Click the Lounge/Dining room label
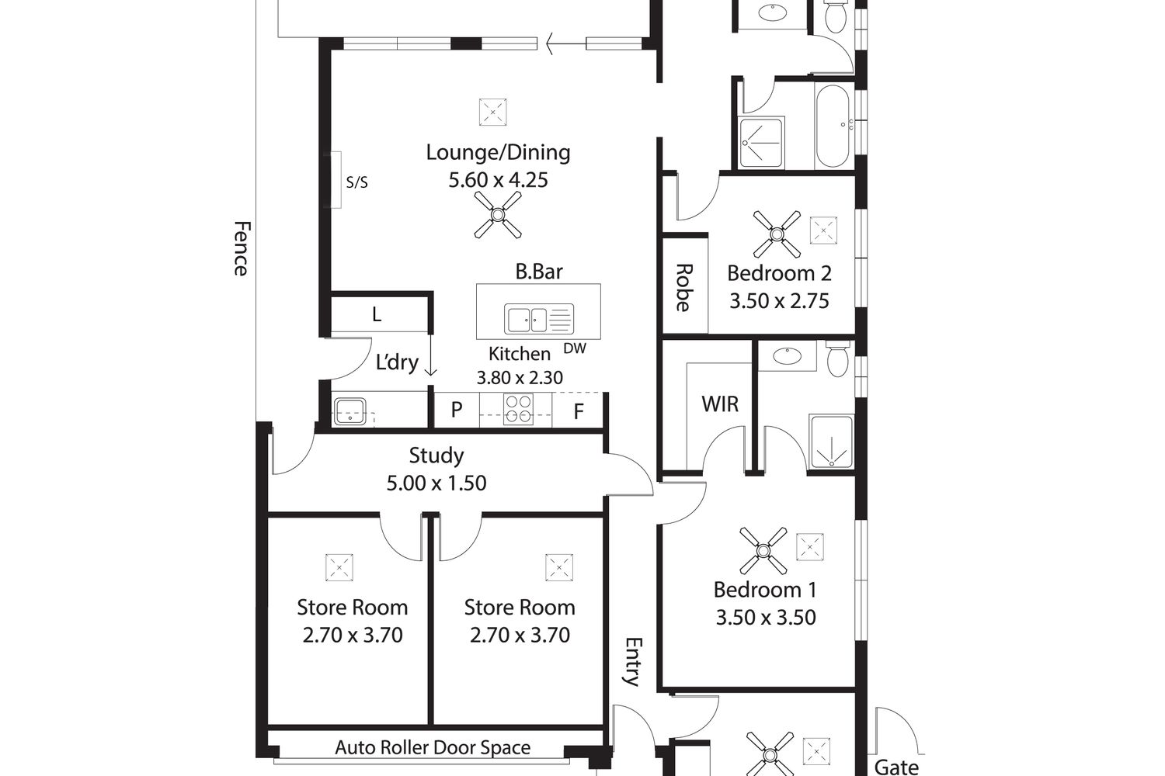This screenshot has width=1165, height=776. pyautogui.click(x=499, y=153)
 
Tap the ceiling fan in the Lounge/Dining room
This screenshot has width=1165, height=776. pyautogui.click(x=498, y=215)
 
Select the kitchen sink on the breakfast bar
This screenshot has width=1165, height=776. pyautogui.click(x=539, y=319)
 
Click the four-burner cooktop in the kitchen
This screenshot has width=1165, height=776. pyautogui.click(x=519, y=409)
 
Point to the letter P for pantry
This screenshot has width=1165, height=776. pyautogui.click(x=457, y=410)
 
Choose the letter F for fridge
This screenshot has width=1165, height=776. pyautogui.click(x=579, y=411)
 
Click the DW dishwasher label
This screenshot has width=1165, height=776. pyautogui.click(x=575, y=348)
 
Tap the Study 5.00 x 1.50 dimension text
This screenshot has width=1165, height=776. pyautogui.click(x=436, y=483)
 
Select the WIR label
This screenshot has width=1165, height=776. pyautogui.click(x=720, y=404)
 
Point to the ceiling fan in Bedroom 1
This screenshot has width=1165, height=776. pyautogui.click(x=763, y=550)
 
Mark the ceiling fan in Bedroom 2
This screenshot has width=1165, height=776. pyautogui.click(x=777, y=234)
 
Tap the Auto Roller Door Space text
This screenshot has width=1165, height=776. pyautogui.click(x=433, y=747)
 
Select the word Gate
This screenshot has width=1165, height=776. pyautogui.click(x=896, y=767)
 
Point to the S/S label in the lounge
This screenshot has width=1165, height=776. pyautogui.click(x=356, y=182)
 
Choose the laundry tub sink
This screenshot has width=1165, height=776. pyautogui.click(x=349, y=411)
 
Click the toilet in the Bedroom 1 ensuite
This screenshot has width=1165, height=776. pyautogui.click(x=837, y=359)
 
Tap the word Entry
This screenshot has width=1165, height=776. pyautogui.click(x=633, y=662)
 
